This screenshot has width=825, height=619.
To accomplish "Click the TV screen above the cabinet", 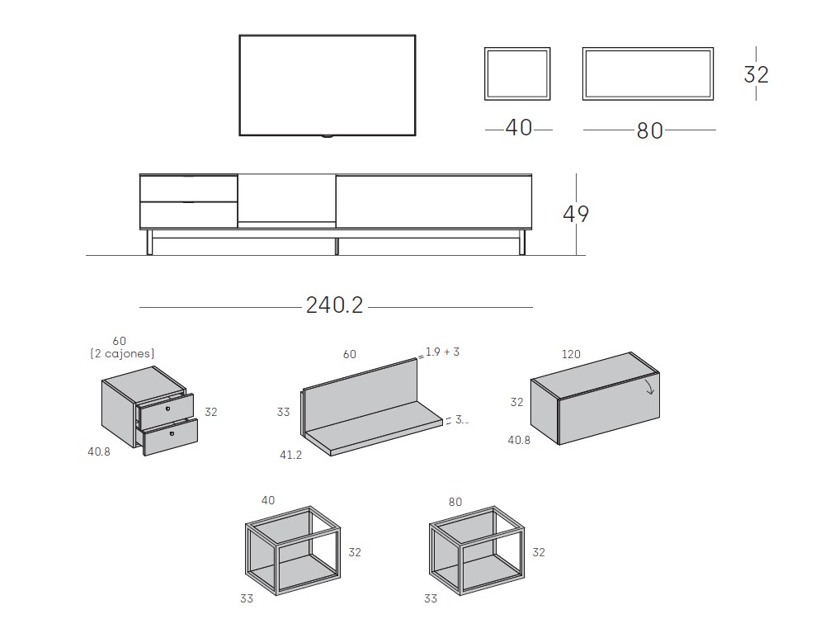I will (x=327, y=84).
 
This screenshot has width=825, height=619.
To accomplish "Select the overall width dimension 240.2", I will (x=334, y=305).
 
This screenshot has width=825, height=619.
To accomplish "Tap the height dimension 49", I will (x=576, y=214).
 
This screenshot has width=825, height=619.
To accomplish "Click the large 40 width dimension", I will (x=519, y=128).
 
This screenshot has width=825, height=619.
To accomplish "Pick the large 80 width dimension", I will (x=650, y=130).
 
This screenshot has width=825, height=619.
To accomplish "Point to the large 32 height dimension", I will (x=757, y=74).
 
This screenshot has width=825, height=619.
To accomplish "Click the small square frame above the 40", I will (x=517, y=73).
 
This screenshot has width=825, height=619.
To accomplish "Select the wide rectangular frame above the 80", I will (x=648, y=73).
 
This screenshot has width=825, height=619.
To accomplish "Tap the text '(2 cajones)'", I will (x=122, y=353).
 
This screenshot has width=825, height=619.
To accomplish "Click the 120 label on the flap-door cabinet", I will (x=571, y=354).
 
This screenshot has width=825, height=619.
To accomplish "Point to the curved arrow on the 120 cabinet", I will (x=650, y=385).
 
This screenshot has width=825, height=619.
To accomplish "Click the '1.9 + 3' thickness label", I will (x=442, y=352).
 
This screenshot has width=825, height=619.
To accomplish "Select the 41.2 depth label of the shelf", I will (x=291, y=454).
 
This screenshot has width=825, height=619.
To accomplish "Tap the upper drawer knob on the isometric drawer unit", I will (x=167, y=409).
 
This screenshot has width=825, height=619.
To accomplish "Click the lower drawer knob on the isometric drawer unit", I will (x=172, y=432).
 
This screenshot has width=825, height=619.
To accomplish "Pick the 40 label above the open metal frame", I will (x=268, y=500).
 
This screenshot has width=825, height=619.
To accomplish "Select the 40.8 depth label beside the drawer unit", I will (x=99, y=451).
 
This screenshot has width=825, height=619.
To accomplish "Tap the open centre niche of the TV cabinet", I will (x=286, y=198).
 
